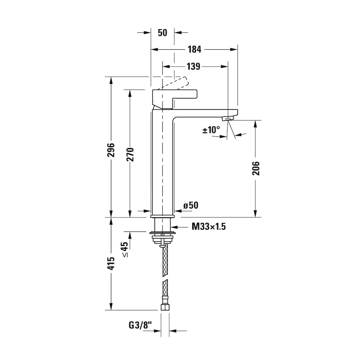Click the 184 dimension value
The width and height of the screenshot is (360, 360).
coord(194,49)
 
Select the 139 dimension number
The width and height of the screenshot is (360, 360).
coord(193,66)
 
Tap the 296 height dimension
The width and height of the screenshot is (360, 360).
coord(111,150)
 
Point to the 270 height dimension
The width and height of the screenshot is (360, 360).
coord(130,154)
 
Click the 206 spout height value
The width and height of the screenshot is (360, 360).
coord(256,168)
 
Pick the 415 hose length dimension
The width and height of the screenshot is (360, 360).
coord(111,264)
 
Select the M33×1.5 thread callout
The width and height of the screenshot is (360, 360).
coord(209,227)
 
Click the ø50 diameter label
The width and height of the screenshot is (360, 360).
coord(190,205)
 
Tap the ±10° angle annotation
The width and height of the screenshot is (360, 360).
coord(211,130)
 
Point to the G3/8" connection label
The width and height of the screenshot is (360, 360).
coord(140,325)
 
